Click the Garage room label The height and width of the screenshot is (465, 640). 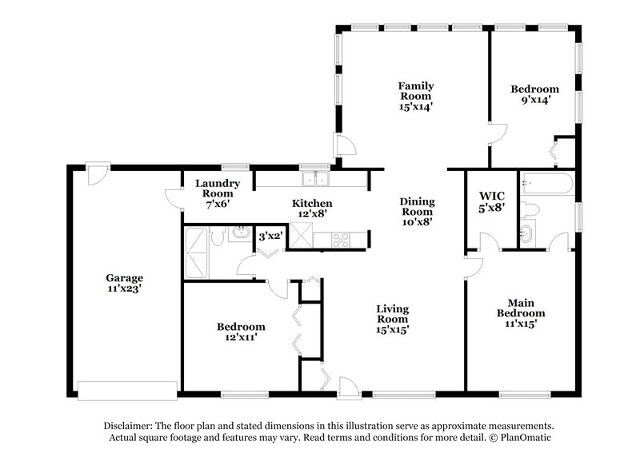[124, 284]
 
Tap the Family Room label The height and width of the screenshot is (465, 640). [416, 95]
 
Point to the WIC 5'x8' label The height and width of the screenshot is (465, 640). [491, 201]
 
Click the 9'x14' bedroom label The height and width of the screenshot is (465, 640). [534, 94]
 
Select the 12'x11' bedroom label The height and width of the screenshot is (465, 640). [240, 332]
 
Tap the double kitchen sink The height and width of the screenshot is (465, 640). [316, 178]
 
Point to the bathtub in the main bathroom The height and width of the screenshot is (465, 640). [546, 185]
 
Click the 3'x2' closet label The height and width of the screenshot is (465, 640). [270, 236]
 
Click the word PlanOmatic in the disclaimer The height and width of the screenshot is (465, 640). [525, 439]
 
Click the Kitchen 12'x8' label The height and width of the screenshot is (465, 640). [312, 209]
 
